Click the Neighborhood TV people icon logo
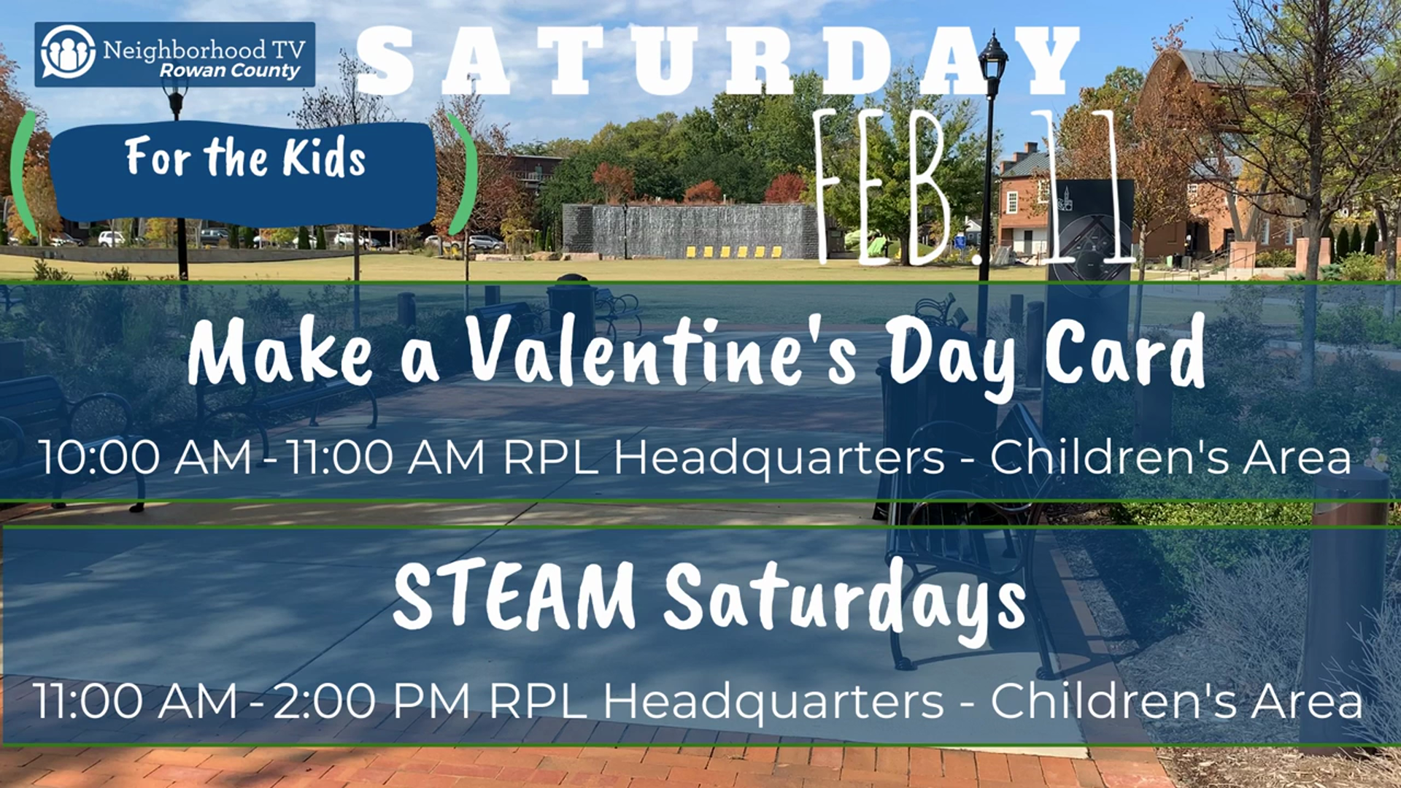tap(68, 52)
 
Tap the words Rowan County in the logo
tap(230, 70)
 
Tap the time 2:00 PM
tap(371, 701)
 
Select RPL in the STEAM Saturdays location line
tap(538, 701)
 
